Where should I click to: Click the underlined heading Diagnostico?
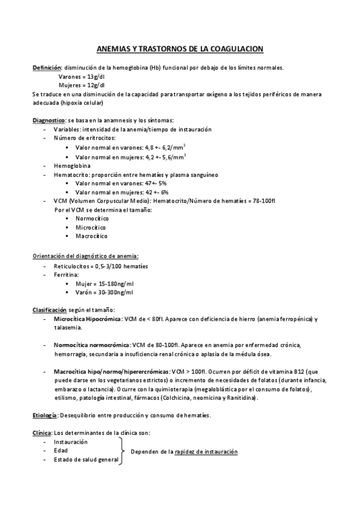pyautogui.click(x=48, y=120)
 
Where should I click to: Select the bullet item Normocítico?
pyautogui.click(x=92, y=218)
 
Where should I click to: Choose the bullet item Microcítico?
pyautogui.click(x=91, y=227)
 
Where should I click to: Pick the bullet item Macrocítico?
pyautogui.click(x=91, y=236)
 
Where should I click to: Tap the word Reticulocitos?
pyautogui.click(x=72, y=266)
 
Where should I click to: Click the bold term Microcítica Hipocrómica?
pyautogui.click(x=87, y=319)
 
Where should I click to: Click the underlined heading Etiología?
pyautogui.click(x=44, y=416)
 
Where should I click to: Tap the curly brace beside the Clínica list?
pyautogui.click(x=124, y=451)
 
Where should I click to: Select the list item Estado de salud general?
pyautogui.click(x=79, y=459)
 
